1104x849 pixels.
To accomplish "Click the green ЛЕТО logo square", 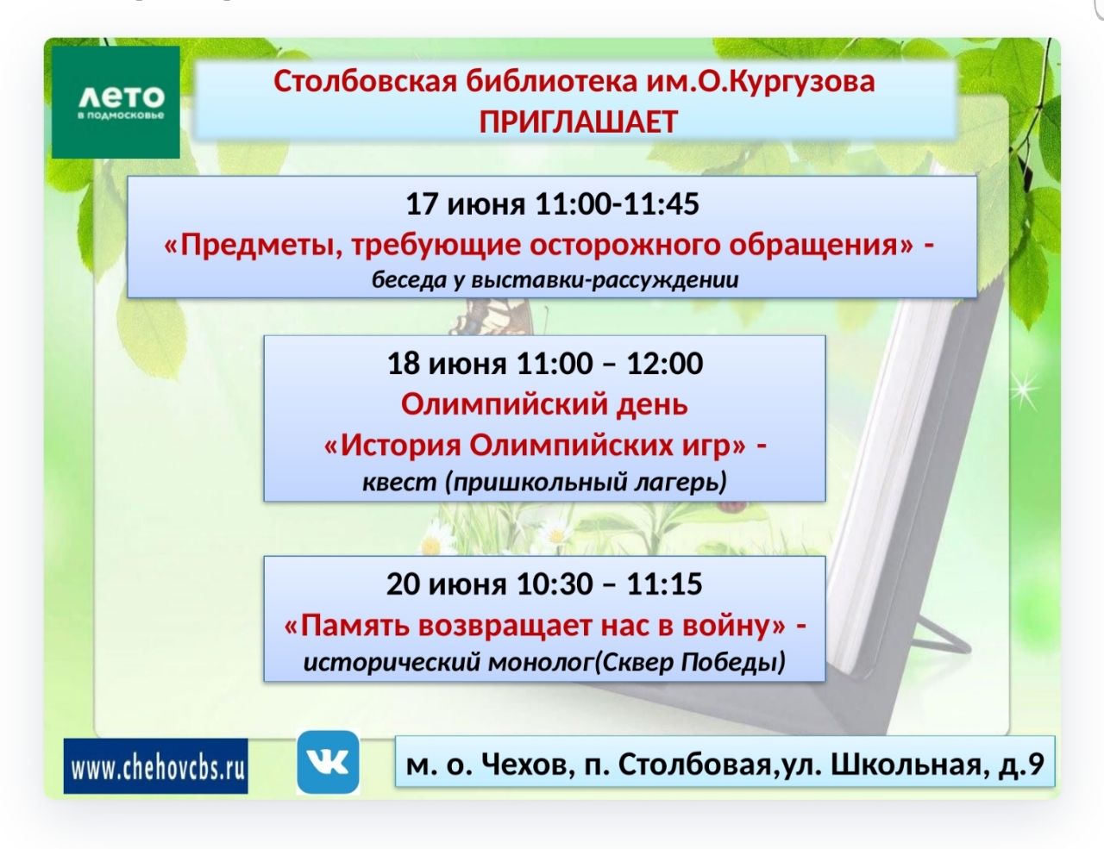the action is click(116, 102).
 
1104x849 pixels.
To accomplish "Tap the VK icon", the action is click(328, 762).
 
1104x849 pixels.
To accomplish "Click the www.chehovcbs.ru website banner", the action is click(156, 766).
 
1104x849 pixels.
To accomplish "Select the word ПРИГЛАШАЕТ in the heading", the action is click(578, 122).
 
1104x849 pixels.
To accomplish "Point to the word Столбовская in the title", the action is click(366, 81).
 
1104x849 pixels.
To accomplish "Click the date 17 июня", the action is click(466, 204).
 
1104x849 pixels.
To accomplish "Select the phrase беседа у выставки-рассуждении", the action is click(555, 280).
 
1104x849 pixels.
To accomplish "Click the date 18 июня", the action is click(447, 364).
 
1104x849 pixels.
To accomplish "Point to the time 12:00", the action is click(664, 364).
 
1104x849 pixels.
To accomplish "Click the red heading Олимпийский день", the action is click(544, 404).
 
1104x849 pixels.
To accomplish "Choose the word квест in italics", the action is click(400, 482).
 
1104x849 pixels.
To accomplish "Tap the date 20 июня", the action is click(447, 584).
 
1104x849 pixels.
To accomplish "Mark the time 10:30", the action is click(555, 584).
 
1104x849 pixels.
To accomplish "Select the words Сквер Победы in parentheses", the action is click(689, 662).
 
